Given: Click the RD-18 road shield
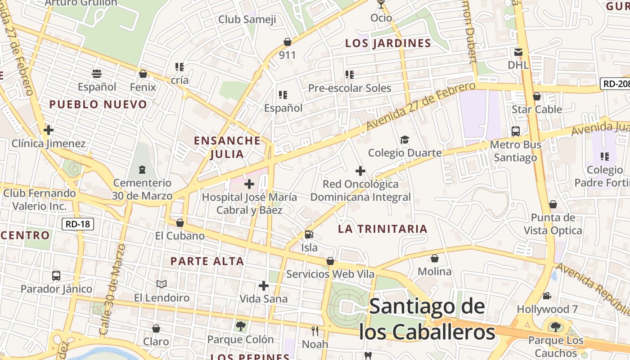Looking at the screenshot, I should coord(78,224).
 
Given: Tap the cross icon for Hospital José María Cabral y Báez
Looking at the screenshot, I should coord(249,184).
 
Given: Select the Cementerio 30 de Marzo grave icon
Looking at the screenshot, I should coord(142,170).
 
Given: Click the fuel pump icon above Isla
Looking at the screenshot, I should coord(309,234).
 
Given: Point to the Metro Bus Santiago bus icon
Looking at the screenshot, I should coord(516,131).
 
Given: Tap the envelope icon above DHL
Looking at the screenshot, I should coord(518,52).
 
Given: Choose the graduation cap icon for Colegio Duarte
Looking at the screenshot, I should coord(405,139).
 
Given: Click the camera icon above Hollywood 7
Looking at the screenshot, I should coord(547,296).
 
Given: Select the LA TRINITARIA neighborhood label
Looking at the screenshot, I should coord(382,229).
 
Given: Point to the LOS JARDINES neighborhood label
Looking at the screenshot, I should coord(388,43).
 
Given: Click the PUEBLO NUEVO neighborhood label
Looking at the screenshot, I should coord(98,104).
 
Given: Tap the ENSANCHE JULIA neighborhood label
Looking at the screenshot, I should coord(227,147).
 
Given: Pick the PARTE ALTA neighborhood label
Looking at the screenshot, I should coord(207,261).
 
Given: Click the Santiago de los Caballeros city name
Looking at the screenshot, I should coord(427,319).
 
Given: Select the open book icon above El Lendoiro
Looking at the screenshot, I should coord(162,284).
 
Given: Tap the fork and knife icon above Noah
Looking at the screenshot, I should coord(315,331).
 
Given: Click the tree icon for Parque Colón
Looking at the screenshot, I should coord(240,326).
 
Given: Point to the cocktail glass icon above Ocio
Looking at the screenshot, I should coord(381,5).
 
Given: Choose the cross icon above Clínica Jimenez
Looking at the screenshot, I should coord(48,130).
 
